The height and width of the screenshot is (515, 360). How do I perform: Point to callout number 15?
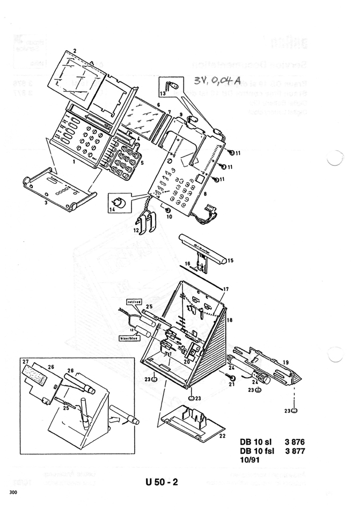coord(231,261)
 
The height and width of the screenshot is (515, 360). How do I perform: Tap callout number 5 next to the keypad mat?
coord(142,146)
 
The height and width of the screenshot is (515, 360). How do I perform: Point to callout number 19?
coord(285,362)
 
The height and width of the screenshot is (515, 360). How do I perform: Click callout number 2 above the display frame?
coord(75,50)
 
